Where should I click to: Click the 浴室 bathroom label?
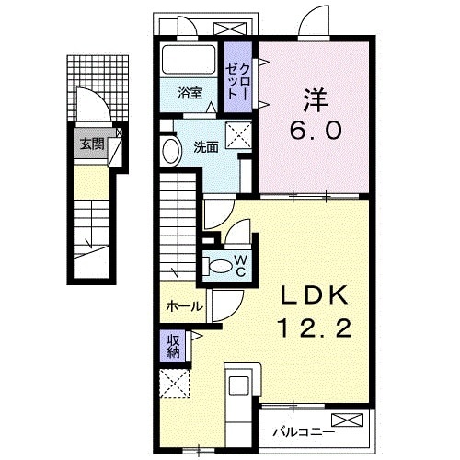point(190,93)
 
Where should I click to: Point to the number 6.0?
point(318,131)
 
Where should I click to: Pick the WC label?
point(238,266)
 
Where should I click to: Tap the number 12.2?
point(314,327)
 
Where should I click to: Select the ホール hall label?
point(183,306)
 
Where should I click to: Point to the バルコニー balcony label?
point(302,430)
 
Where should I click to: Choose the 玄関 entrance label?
point(90,144)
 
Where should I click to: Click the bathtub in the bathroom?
point(190,62)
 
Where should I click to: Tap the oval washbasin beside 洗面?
point(172,152)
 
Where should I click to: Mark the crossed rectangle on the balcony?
point(351,422)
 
